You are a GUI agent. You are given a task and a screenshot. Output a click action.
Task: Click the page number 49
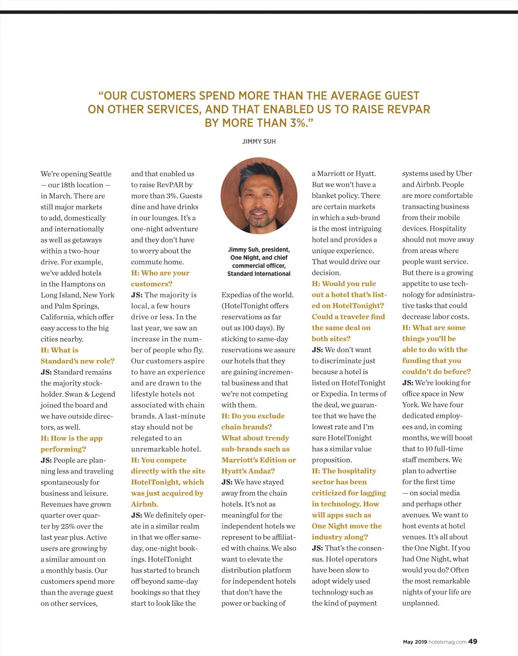473,641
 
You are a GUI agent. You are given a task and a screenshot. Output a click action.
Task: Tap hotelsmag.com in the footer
448,642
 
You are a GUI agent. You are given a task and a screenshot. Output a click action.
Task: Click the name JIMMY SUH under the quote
259,141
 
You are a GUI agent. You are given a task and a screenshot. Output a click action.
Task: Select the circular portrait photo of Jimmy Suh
259,196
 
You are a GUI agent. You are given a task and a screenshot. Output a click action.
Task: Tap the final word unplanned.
420,603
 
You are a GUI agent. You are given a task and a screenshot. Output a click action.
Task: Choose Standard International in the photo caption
259,274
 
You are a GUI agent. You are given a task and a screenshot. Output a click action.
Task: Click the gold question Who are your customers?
160,278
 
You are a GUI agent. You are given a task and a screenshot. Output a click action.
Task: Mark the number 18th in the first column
68,185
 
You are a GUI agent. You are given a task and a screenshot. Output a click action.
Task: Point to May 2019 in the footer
415,642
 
